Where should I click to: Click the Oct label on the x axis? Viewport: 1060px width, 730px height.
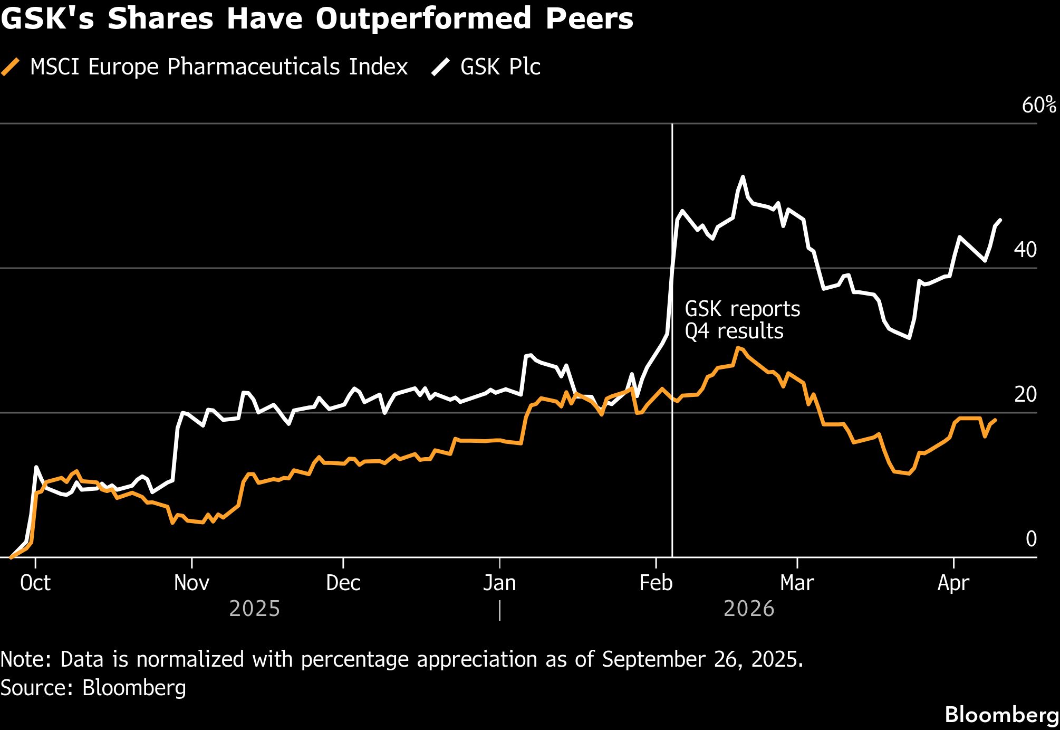click(x=35, y=583)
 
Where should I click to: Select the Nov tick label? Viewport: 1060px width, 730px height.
click(x=191, y=583)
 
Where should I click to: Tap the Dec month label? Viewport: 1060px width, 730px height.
click(x=343, y=583)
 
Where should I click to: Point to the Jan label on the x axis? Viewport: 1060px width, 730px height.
click(x=499, y=583)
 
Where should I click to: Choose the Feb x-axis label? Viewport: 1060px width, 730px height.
click(x=656, y=583)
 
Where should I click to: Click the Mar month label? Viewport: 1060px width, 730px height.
click(x=797, y=583)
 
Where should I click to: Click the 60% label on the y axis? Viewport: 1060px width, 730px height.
click(x=1039, y=105)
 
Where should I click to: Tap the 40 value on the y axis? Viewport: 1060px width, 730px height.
click(x=1025, y=250)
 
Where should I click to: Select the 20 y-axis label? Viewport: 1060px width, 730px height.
click(x=1025, y=394)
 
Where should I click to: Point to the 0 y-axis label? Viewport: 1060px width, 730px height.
click(x=1031, y=538)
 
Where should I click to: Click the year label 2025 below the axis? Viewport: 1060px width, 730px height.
click(x=255, y=609)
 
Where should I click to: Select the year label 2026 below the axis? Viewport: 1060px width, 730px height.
click(x=749, y=609)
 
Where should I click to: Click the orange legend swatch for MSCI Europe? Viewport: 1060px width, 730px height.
click(x=11, y=67)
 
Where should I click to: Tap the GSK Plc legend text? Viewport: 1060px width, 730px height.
click(x=500, y=67)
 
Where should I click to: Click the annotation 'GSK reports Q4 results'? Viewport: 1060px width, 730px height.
click(x=742, y=320)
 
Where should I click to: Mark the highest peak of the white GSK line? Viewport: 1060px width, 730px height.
click(x=743, y=177)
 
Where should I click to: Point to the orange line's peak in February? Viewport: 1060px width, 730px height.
click(x=738, y=348)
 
